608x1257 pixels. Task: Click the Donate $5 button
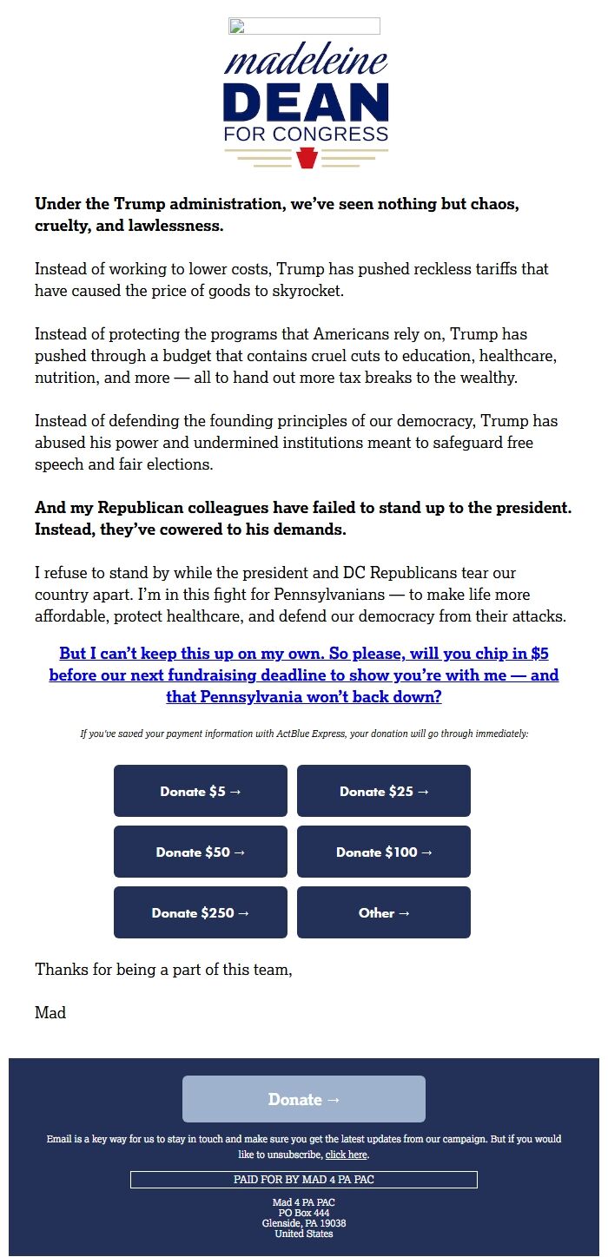201,791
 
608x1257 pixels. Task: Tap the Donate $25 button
384,791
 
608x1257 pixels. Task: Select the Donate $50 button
201,852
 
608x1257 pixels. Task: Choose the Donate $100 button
384,852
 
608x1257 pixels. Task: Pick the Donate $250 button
201,912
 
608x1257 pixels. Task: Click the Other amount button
384,912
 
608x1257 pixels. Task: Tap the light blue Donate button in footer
304,1099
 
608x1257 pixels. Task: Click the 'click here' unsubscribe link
346,1155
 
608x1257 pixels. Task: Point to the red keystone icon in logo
307,158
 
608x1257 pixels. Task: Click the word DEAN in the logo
306,103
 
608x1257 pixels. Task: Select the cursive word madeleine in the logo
306,62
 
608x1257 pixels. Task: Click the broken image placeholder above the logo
304,26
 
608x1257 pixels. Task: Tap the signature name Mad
50,1012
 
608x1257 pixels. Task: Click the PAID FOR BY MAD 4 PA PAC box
304,1180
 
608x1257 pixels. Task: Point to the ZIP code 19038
332,1223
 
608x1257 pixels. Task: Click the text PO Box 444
304,1213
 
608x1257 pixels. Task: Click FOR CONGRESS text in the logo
306,135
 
